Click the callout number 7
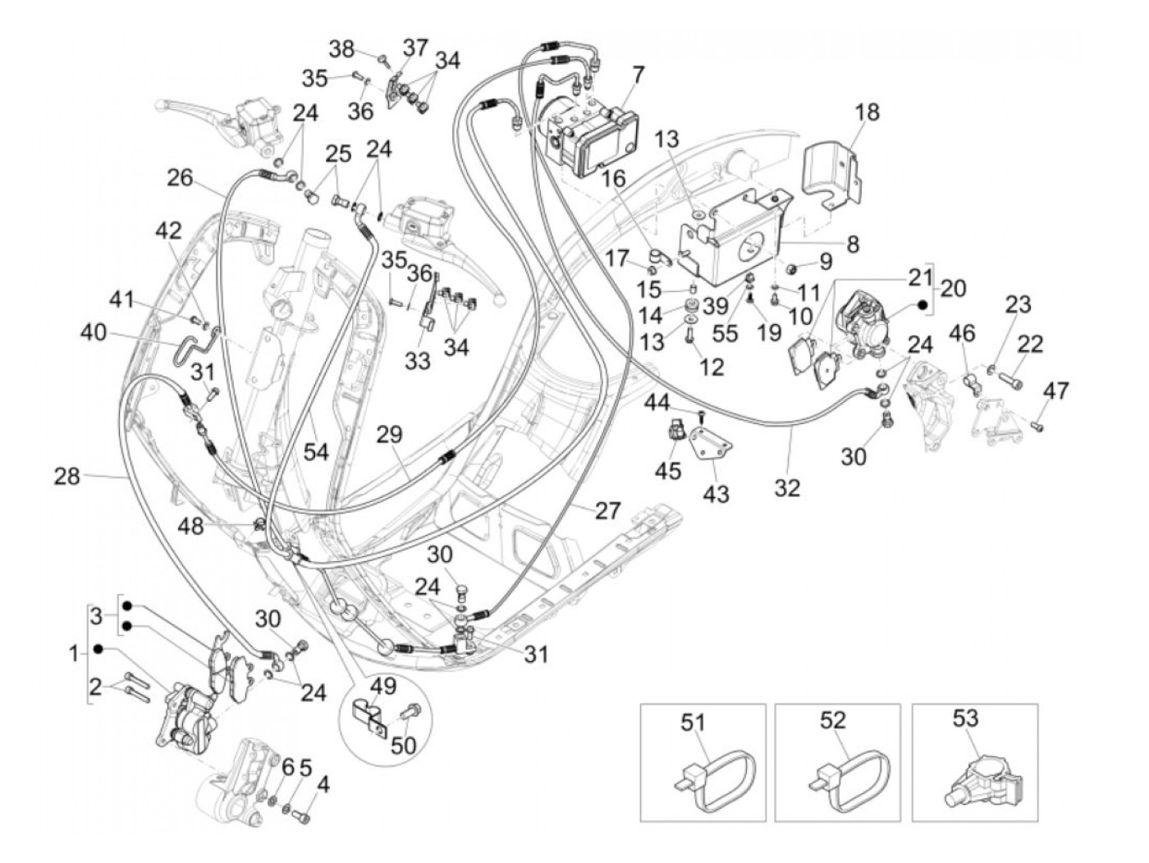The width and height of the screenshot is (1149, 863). (x=638, y=75)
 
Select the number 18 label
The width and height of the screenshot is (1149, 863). (x=867, y=112)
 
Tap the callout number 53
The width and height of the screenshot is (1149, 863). (x=965, y=719)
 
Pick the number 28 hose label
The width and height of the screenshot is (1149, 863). (x=68, y=475)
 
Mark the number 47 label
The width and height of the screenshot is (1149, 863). (x=1056, y=390)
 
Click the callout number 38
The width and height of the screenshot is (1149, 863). (x=343, y=48)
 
